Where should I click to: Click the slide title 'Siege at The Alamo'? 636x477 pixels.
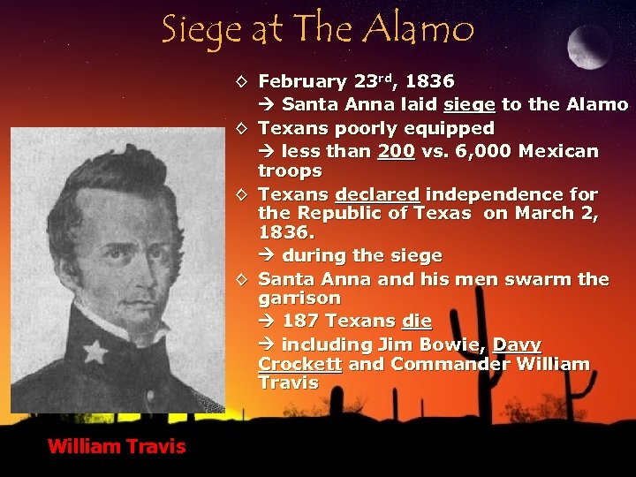click(x=318, y=29)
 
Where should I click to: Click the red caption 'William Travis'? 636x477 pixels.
click(x=117, y=446)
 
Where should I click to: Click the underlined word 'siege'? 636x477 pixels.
click(x=470, y=105)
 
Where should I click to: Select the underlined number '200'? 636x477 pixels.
click(x=396, y=151)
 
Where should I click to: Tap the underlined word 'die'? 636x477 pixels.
click(x=414, y=322)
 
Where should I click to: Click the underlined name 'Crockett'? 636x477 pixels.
click(x=299, y=364)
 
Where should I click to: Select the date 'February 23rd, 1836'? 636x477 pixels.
click(x=356, y=82)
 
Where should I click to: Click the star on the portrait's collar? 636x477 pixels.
click(x=95, y=352)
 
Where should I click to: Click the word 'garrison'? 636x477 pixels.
click(x=299, y=299)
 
